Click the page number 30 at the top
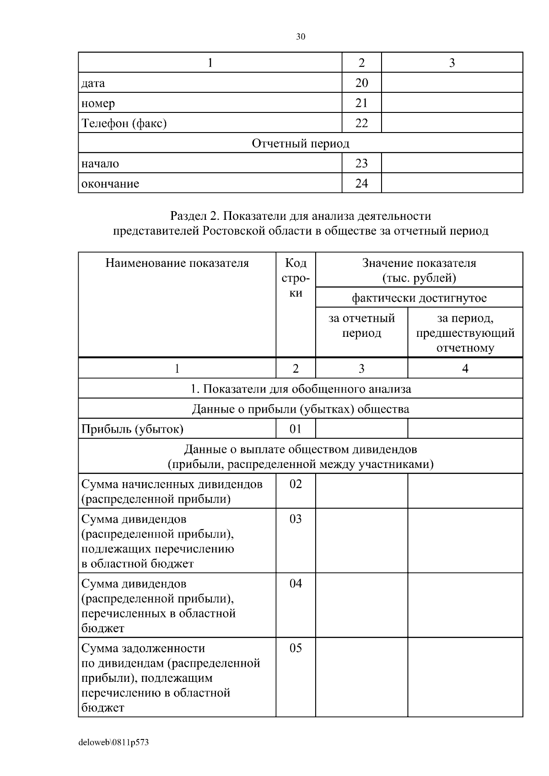coord(301,37)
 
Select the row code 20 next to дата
coord(361,83)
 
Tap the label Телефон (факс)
coord(124,123)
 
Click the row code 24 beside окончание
coord(361,183)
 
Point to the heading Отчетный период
coord(301,144)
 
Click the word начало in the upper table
coord(100,163)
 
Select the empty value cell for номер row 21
coord(452,103)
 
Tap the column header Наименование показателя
coord(177,263)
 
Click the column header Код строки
coord(296,278)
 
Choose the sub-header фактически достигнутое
coord(419,298)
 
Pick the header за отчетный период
coord(361,325)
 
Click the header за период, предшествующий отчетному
coord(465,333)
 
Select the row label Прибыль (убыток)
coord(132,429)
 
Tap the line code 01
coord(296,429)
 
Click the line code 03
coord(296,519)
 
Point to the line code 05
coord(296,648)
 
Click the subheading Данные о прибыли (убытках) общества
coord(301,409)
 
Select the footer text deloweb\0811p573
coord(113,743)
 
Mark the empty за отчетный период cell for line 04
coord(361,605)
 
